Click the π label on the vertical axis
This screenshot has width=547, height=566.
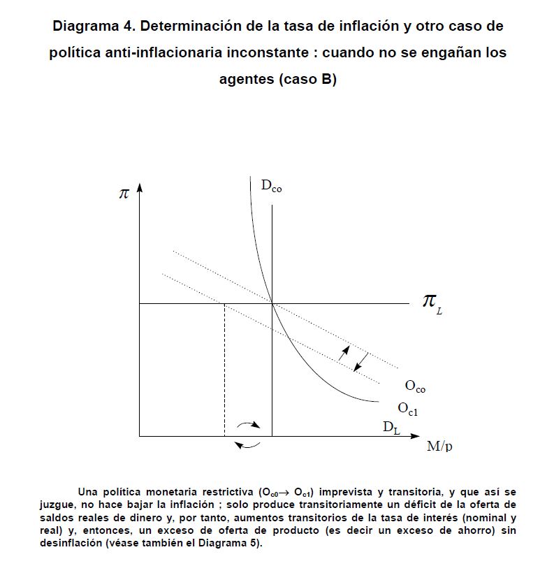coord(124,194)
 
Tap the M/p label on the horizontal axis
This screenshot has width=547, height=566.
coord(439,446)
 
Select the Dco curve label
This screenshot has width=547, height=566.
coord(272,186)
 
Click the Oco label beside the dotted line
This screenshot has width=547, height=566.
coord(415,386)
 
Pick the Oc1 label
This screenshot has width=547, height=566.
coord(407,408)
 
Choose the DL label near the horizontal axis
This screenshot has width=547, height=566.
coord(391,427)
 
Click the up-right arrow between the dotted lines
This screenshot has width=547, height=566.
coord(344,353)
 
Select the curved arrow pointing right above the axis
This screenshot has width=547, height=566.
coord(248,424)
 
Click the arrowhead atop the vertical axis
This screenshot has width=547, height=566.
coord(140,189)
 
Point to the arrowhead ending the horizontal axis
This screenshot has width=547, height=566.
coord(421,436)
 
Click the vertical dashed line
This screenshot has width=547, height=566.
coord(224,370)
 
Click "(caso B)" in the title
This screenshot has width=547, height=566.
coord(308,79)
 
